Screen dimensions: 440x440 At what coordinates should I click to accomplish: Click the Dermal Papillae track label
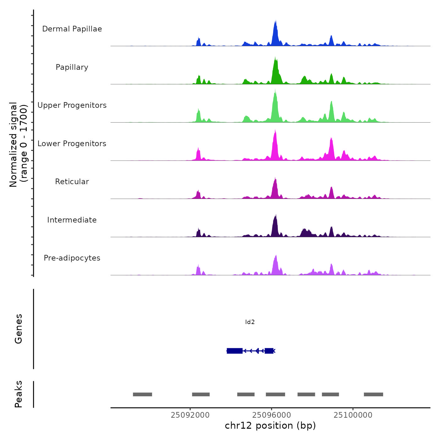tap(72, 29)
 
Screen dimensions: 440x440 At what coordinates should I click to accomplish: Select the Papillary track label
tap(72, 67)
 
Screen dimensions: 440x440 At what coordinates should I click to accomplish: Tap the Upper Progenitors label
tap(72, 105)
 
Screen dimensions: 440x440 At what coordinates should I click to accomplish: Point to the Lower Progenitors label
tap(72, 144)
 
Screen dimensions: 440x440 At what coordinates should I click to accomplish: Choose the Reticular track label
tap(72, 182)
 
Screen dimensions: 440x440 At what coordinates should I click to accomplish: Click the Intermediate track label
tap(72, 220)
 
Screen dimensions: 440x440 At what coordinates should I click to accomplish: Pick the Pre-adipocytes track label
tap(72, 258)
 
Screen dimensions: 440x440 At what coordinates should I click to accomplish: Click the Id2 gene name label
tap(250, 322)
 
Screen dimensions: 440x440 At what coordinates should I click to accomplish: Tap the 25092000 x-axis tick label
tap(190, 415)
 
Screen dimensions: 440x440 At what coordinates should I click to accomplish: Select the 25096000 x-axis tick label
tap(272, 415)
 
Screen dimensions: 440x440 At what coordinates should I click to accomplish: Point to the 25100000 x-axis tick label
tap(353, 415)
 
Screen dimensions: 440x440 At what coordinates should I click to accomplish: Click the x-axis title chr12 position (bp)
tap(270, 426)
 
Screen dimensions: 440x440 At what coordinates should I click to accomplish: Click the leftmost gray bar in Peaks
tap(142, 394)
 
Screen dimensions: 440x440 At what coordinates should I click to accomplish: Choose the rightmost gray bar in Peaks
tap(373, 394)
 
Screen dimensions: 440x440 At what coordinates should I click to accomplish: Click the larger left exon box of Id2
tap(235, 351)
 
